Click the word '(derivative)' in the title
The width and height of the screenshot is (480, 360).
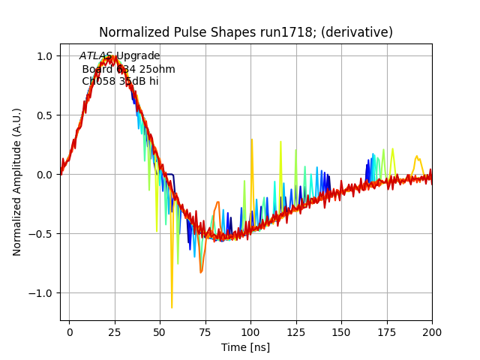click(364, 33)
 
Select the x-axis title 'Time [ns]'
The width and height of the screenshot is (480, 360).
click(245, 347)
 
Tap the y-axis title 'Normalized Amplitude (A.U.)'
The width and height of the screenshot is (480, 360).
click(17, 181)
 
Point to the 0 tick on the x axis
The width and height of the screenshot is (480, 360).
click(70, 331)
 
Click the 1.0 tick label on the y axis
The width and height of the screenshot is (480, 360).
click(44, 56)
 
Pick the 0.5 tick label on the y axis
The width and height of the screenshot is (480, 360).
click(44, 115)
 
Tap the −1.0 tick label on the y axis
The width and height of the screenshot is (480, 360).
click(40, 293)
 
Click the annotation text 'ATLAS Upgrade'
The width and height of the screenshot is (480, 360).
click(120, 56)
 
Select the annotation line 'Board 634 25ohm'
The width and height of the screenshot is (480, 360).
click(128, 69)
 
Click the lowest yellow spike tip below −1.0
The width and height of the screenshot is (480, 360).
click(172, 307)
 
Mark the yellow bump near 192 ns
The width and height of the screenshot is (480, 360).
click(418, 157)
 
